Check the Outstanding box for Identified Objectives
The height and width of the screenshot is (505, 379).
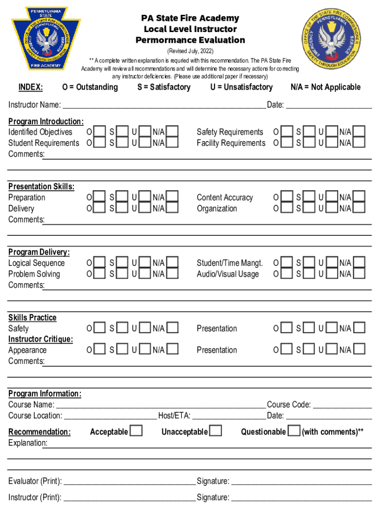100,132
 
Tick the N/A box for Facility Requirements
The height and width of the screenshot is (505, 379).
359,143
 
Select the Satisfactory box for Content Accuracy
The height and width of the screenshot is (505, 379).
309,197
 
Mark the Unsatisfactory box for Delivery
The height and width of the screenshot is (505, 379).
145,208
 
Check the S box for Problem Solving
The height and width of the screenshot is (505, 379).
123,273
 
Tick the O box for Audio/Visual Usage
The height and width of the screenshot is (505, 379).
286,273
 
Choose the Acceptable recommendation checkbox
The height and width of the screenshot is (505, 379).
136,431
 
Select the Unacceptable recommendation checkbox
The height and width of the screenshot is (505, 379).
215,431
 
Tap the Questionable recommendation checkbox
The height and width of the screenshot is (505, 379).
294,431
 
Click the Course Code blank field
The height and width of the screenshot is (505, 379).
342,405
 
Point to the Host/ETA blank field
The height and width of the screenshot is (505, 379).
228,416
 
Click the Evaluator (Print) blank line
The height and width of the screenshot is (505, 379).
129,481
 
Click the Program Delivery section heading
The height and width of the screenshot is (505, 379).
39,252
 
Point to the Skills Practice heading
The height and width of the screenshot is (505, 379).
32,318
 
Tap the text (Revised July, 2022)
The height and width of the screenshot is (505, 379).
190,51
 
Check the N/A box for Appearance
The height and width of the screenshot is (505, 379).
172,349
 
